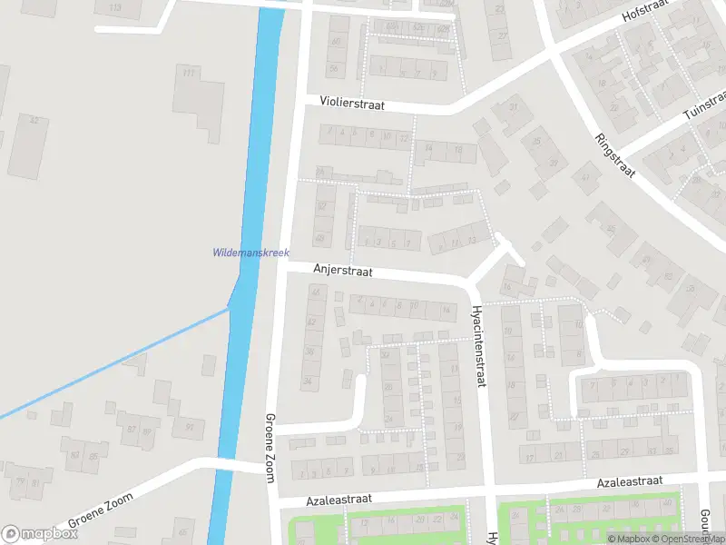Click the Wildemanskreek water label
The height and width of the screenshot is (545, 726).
click(x=250, y=253)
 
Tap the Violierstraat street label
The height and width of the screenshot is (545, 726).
click(x=352, y=104)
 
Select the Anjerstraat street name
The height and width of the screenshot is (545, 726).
click(x=343, y=270)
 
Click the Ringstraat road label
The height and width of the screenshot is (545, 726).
click(x=613, y=156)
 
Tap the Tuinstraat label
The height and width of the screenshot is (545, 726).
click(x=704, y=105)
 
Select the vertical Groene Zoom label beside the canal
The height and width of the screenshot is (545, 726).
click(x=270, y=445)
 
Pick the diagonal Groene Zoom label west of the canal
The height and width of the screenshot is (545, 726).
click(x=100, y=511)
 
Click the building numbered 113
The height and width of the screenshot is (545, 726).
click(x=115, y=8)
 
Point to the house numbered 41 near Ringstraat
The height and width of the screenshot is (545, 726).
click(x=586, y=177)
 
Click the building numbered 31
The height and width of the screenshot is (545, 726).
click(x=514, y=108)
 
